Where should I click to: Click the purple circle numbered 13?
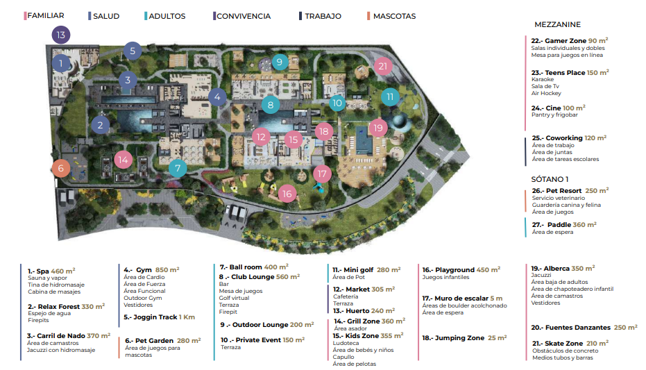(61, 35)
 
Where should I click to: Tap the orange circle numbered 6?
(61, 168)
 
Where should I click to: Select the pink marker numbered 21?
(383, 66)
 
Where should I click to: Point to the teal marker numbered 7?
(178, 168)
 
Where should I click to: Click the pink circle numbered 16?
(287, 194)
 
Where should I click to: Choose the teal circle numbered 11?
(390, 96)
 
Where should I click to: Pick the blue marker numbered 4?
(217, 98)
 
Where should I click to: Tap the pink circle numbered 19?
(378, 128)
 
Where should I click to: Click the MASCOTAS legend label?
(394, 16)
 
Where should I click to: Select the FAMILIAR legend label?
(46, 16)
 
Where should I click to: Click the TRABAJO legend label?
(323, 16)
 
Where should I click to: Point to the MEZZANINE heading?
(557, 24)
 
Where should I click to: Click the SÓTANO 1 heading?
(550, 179)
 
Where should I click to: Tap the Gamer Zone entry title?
(559, 41)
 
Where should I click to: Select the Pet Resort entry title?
(556, 191)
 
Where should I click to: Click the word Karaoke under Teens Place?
(543, 79)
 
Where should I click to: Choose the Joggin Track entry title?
(151, 317)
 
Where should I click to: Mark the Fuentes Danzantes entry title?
(570, 328)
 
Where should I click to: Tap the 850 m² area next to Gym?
(167, 270)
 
